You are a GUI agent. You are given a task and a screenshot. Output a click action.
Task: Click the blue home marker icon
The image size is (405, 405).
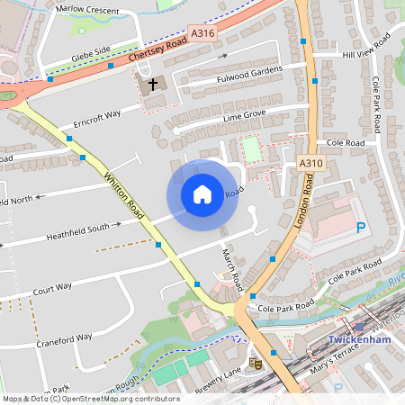[x=202, y=194]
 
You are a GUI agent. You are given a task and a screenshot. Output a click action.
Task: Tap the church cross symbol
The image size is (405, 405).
[x=152, y=85]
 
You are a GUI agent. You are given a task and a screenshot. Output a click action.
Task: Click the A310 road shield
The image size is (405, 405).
[x=310, y=163]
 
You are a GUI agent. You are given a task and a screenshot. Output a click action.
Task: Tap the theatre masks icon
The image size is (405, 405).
[x=256, y=364]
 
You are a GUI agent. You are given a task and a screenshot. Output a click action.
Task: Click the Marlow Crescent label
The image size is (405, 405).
[x=86, y=9]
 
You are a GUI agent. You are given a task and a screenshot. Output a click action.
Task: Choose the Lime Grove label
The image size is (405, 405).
[x=245, y=117]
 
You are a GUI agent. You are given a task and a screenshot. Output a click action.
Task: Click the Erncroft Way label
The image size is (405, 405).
[x=97, y=118]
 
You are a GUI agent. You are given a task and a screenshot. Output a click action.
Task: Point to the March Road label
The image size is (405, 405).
[x=232, y=267]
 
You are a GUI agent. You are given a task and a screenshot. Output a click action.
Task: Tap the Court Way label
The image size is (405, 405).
[x=52, y=289]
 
